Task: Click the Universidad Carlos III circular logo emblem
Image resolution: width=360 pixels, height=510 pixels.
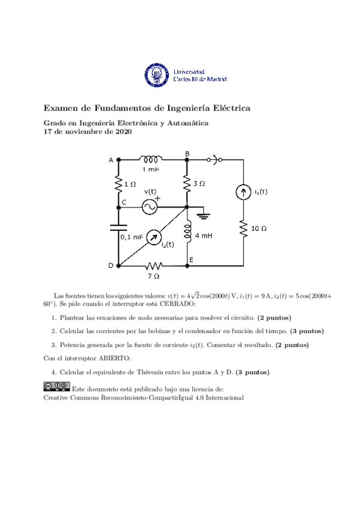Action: (x=157, y=75)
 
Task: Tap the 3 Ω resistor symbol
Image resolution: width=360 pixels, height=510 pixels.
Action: (x=187, y=183)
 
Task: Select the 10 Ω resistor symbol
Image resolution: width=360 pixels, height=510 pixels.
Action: (x=243, y=229)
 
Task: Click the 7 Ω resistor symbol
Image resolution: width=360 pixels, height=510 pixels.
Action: (x=154, y=265)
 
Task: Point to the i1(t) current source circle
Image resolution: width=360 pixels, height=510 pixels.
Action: (x=243, y=192)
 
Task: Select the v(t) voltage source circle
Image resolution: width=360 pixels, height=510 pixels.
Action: (x=149, y=206)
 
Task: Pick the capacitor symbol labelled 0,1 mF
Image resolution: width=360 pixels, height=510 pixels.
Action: (x=118, y=227)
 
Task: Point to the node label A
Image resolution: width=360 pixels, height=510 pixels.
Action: (x=111, y=160)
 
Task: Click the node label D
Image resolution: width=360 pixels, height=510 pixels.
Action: (x=111, y=265)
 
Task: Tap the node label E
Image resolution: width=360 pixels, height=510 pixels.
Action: (x=191, y=260)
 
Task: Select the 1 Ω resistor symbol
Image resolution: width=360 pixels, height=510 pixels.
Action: (x=118, y=182)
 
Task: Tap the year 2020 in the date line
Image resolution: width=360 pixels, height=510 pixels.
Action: (x=122, y=131)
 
